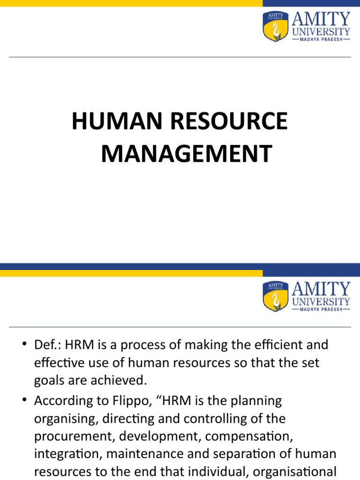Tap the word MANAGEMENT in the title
pyautogui.click(x=186, y=154)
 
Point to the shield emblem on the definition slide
pyautogui.click(x=275, y=296)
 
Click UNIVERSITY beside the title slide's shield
pyautogui.click(x=321, y=31)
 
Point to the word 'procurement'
pyautogui.click(x=74, y=436)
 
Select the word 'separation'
pyautogui.click(x=247, y=454)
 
